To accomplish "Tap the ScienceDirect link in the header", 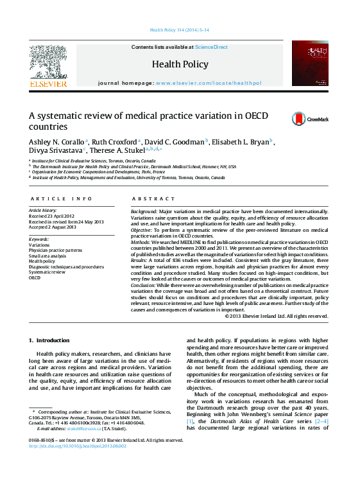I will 211,48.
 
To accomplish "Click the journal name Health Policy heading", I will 180,64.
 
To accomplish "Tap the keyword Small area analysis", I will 47,256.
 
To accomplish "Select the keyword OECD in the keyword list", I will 35,278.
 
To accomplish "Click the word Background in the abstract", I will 144,211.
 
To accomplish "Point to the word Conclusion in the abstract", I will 144,284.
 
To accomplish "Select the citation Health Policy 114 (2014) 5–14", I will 180,30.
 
